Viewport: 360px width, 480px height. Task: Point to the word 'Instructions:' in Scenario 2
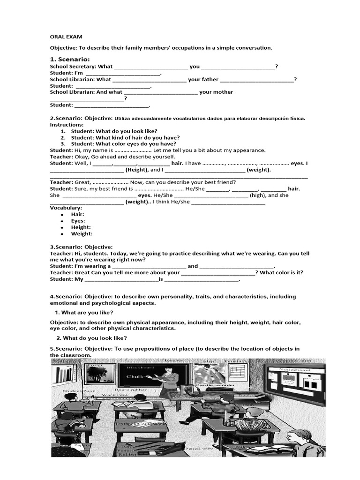[67, 125]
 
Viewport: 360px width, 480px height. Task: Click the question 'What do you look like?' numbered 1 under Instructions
[114, 131]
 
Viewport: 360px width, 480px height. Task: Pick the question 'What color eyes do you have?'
[124, 144]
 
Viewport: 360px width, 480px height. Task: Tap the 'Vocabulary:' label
[66, 208]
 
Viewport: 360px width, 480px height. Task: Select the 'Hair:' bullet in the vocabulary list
[77, 214]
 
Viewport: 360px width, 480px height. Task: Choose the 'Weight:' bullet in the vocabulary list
[82, 233]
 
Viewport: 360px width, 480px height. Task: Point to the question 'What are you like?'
[88, 312]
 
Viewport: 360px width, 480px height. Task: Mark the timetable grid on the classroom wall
[239, 375]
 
